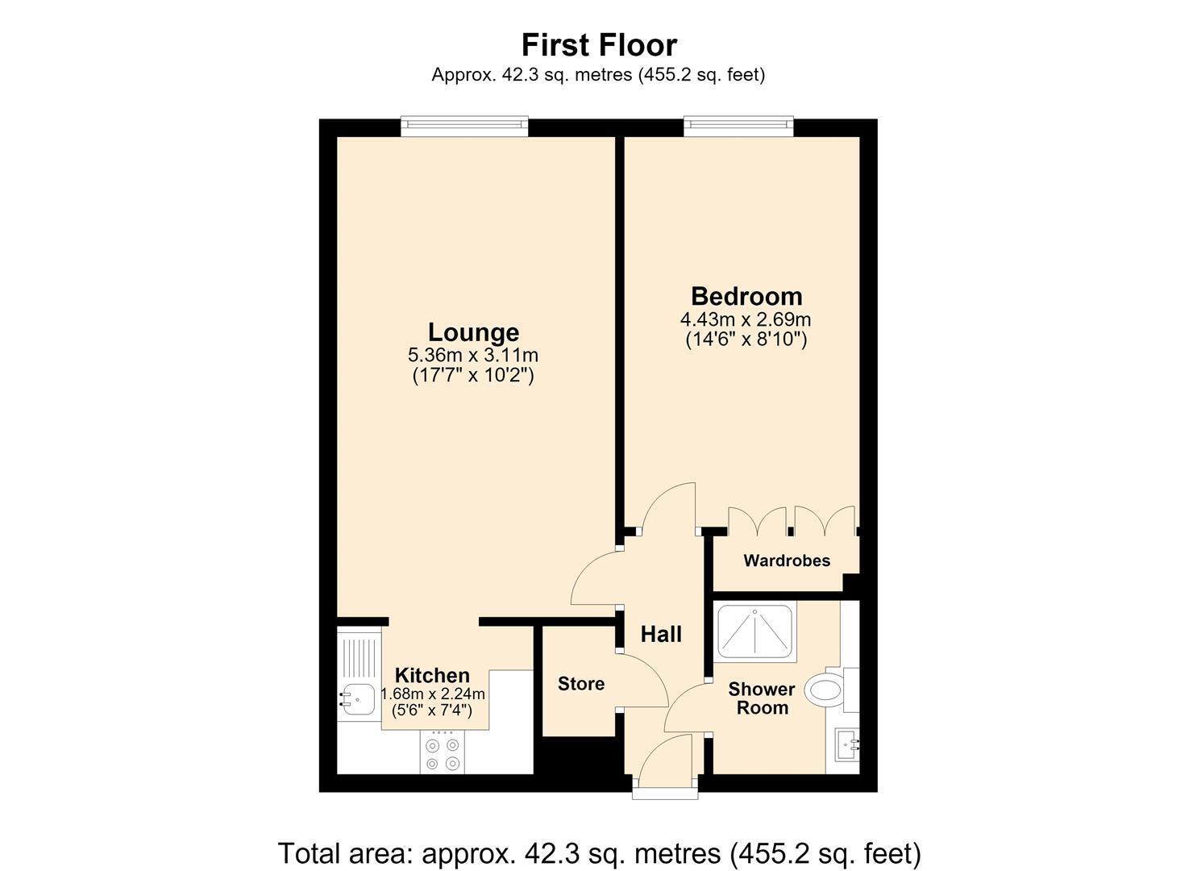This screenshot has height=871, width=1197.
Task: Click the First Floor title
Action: click(599, 45)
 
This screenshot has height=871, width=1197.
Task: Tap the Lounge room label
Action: click(473, 332)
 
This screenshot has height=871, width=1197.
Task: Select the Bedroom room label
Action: click(746, 296)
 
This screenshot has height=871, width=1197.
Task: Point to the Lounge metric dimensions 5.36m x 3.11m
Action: click(473, 355)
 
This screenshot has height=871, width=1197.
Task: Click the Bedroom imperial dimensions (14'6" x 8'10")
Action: click(746, 340)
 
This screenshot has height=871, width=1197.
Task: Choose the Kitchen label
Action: click(432, 675)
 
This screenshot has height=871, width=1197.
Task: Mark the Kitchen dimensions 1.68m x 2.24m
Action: click(432, 694)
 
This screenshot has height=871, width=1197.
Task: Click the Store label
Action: click(581, 684)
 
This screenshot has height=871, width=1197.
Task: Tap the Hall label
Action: click(661, 635)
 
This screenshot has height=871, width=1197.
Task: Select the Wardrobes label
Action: click(787, 561)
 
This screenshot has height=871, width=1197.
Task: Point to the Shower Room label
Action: click(762, 698)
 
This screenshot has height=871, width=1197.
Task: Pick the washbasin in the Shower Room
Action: click(847, 744)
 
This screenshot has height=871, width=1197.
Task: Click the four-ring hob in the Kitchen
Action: click(443, 752)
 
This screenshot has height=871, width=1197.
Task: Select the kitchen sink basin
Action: click(359, 699)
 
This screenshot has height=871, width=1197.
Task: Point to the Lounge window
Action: click(464, 126)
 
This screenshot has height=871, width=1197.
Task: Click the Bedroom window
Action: click(738, 126)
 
